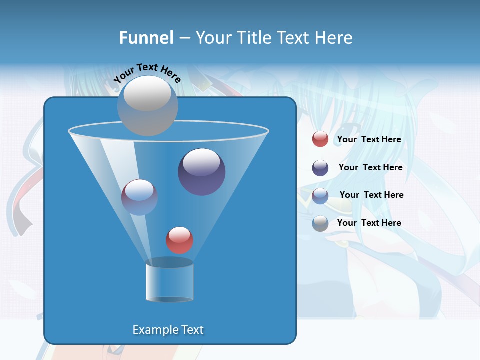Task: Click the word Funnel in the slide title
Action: click(x=146, y=38)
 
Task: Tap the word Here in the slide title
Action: click(x=333, y=38)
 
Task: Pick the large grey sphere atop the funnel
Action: click(x=147, y=105)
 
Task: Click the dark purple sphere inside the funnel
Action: click(x=202, y=172)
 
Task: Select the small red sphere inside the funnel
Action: click(x=179, y=240)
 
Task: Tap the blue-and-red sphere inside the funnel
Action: click(x=139, y=197)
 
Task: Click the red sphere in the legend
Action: click(x=320, y=139)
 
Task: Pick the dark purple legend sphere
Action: click(x=320, y=168)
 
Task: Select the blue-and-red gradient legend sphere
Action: click(x=320, y=196)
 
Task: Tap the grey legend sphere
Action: click(x=320, y=223)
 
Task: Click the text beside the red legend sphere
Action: click(x=369, y=139)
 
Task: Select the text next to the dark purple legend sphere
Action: click(x=370, y=167)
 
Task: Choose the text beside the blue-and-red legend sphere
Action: click(x=371, y=195)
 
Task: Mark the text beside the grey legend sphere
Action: click(x=369, y=223)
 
